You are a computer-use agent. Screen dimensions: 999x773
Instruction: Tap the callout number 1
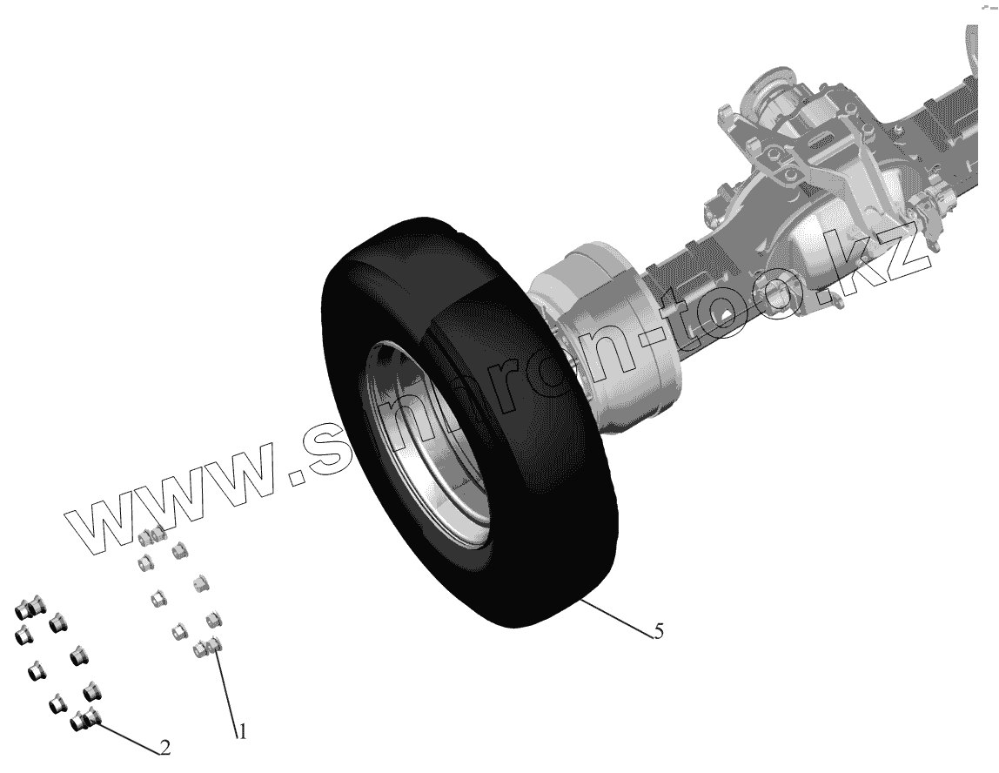pyautogui.click(x=242, y=731)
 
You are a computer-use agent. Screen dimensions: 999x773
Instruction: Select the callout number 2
pyautogui.click(x=164, y=748)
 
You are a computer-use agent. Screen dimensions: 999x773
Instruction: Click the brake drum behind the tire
pyautogui.click(x=606, y=338)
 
